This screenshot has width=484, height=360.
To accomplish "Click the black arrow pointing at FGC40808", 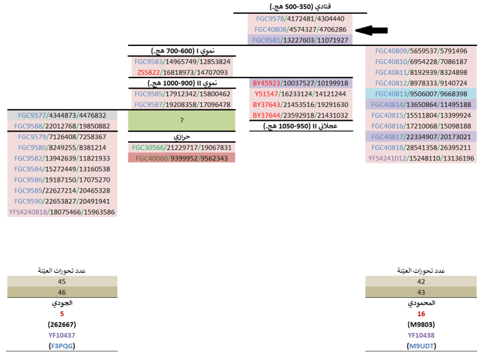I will coord(372,30).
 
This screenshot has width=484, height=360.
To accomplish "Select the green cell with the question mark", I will coord(182,121).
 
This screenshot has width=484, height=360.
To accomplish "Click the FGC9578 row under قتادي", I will coord(300,19).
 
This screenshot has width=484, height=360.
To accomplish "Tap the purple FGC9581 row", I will coord(300,40).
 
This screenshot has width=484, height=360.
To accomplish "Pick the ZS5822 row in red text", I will coord(182,72).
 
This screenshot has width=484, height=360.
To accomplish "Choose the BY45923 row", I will coord(300,83).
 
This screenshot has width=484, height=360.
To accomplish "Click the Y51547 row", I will coord(300,94).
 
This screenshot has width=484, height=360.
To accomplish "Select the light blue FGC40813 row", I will coord(421,94).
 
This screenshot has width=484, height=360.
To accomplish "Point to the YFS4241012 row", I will coord(421,158).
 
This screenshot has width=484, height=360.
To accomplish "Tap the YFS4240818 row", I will coord(62,212).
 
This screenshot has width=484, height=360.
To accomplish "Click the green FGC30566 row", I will coord(182,147).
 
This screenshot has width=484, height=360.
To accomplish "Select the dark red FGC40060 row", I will coord(182,158).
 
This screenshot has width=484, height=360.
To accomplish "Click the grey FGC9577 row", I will coord(62,116).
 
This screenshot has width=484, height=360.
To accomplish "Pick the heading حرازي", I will coord(182,137).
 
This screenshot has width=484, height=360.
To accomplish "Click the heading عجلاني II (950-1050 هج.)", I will coord(300,126).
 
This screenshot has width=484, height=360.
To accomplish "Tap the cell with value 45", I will coord(62,282).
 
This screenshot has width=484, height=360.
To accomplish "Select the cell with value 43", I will coord(421,292).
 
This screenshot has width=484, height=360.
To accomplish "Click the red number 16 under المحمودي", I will coord(421,314).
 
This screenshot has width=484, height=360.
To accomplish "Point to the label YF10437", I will coord(62,335).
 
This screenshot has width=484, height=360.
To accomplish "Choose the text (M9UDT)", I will coord(421,346).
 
